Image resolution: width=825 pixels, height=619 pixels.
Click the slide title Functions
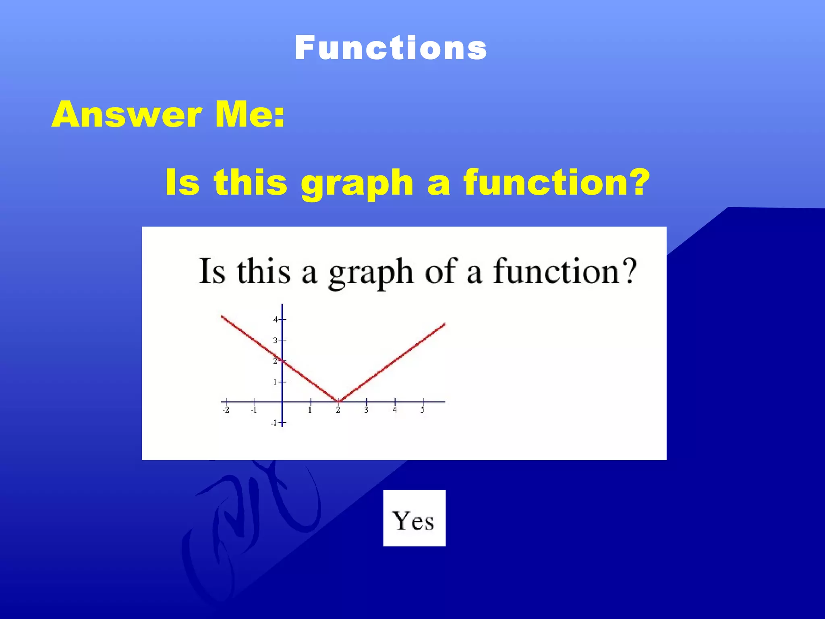tap(390, 48)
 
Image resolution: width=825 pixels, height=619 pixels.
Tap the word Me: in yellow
tap(250, 114)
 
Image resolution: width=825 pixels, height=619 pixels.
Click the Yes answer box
tap(414, 518)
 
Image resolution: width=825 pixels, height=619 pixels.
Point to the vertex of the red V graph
tap(338, 401)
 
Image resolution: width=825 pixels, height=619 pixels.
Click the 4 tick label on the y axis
tap(276, 320)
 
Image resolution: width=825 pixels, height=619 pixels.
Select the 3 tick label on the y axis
tap(276, 341)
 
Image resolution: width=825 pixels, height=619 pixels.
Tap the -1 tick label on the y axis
tap(274, 423)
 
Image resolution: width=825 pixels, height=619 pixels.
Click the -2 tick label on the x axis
tap(226, 410)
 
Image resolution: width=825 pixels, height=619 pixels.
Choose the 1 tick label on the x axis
tap(310, 410)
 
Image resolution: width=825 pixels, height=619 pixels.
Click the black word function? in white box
tap(565, 272)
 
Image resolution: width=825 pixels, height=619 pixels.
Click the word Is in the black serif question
tap(212, 271)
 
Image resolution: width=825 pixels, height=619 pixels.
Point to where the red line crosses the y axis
tap(282, 361)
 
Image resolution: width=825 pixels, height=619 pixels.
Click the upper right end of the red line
tap(444, 324)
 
